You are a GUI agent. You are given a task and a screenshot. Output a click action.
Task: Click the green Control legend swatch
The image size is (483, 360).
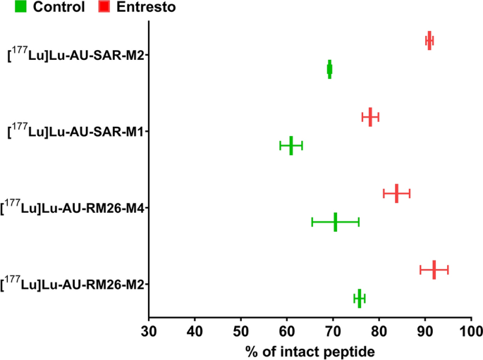[x=8, y=8]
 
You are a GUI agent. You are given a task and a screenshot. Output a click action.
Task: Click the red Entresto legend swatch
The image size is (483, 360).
[x=103, y=8]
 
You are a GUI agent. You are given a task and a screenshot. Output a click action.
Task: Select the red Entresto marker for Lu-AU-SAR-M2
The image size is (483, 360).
[x=429, y=40]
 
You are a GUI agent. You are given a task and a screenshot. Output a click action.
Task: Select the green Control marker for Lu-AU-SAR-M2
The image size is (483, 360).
[x=329, y=69]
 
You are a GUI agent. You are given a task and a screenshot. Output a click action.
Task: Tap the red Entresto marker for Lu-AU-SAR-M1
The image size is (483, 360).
[x=370, y=117]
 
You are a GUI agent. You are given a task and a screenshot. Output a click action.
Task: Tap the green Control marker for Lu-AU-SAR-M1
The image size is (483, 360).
[x=291, y=146]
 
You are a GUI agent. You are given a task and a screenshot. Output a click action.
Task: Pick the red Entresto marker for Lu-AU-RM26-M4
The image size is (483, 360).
[x=396, y=193]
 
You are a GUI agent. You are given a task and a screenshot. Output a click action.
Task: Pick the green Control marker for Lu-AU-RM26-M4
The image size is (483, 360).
[x=335, y=222]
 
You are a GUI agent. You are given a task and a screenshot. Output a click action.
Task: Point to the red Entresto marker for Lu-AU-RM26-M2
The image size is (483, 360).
[x=434, y=270]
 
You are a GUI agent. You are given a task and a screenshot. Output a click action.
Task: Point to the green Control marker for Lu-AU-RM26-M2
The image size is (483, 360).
[x=359, y=299]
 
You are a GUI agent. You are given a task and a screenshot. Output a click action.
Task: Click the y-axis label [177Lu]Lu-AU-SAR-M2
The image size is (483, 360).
[x=75, y=54]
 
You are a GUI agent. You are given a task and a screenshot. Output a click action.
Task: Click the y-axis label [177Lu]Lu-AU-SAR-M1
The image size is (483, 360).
[x=75, y=131]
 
